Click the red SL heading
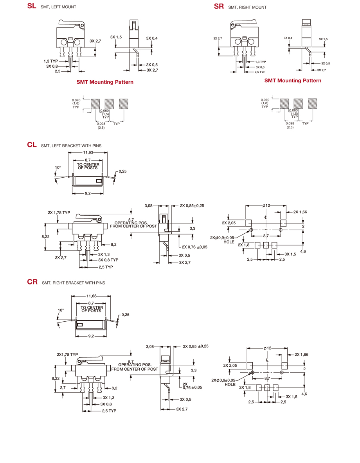[x=32, y=6]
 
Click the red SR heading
[x=219, y=6]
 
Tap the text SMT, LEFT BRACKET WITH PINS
[x=71, y=146]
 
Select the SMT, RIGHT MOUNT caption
[x=247, y=7]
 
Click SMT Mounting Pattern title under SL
[x=105, y=82]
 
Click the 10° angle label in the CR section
[x=61, y=310]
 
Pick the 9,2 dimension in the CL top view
[x=88, y=193]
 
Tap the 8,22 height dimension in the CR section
[x=56, y=378]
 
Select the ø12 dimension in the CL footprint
[x=266, y=205]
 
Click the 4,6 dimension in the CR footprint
[x=304, y=394]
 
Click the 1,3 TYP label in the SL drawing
[x=51, y=61]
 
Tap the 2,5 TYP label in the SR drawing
[x=260, y=72]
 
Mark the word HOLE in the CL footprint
[x=229, y=242]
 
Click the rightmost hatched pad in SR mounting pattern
[x=312, y=103]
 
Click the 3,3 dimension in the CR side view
[x=193, y=370]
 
